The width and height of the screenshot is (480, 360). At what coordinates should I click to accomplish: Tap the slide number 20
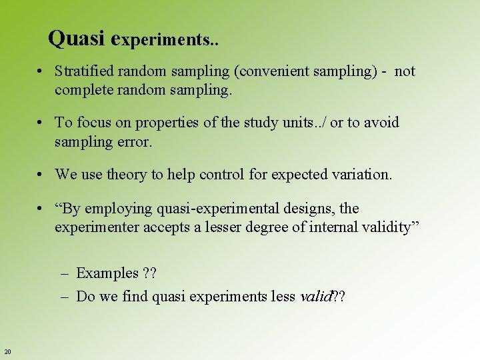[7, 351]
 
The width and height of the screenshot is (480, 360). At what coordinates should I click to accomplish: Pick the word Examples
[107, 273]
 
